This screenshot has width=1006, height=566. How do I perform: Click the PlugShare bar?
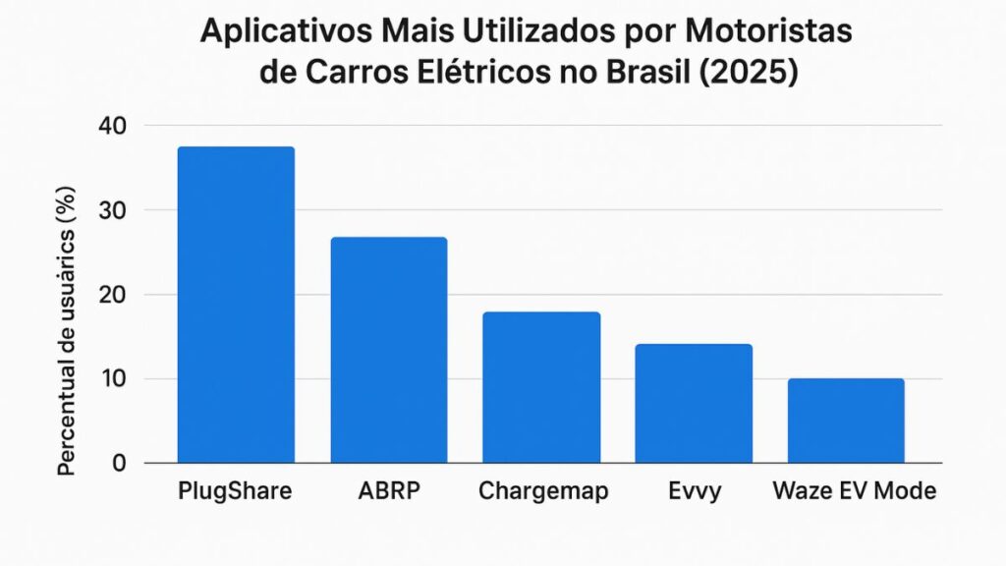(236, 305)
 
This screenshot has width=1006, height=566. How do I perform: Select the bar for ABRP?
(388, 350)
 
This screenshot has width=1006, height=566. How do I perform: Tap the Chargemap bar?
(540, 387)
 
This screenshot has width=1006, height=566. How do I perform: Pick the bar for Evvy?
(693, 403)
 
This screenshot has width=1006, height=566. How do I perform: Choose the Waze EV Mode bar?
(845, 421)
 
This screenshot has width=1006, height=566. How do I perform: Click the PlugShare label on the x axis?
(236, 490)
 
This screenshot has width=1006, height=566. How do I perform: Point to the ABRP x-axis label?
(388, 490)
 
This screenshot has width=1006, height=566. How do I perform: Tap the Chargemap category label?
(540, 490)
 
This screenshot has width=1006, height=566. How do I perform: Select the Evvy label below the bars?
(693, 490)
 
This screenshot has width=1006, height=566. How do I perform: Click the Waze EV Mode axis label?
(854, 490)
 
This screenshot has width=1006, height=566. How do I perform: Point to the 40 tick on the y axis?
(114, 126)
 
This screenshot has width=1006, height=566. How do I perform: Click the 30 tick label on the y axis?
(114, 210)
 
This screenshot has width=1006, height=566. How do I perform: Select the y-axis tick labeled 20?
(114, 295)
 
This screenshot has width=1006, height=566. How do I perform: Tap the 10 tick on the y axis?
(114, 379)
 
